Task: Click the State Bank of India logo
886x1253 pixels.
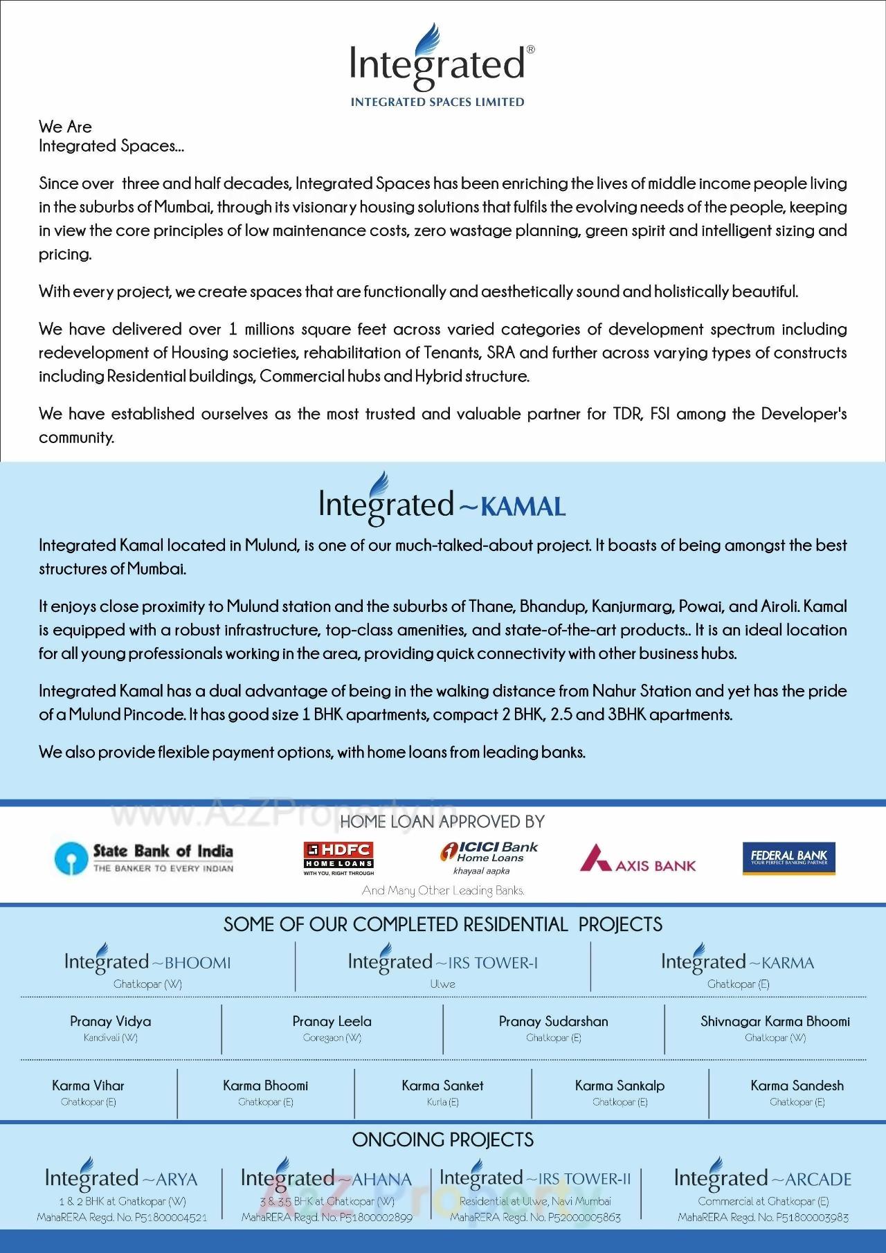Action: tap(144, 858)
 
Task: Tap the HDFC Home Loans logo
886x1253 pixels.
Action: tap(338, 858)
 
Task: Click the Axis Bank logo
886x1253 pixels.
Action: tap(638, 858)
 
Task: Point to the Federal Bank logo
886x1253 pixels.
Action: tap(788, 858)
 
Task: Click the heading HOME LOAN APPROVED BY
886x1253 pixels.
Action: tap(442, 822)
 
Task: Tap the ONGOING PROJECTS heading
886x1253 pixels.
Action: tap(442, 1139)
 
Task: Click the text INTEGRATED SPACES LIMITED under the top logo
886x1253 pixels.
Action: tap(437, 102)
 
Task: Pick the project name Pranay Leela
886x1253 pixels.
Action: tap(332, 1021)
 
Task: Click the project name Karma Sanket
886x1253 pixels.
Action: tap(442, 1085)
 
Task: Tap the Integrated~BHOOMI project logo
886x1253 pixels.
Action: tap(147, 962)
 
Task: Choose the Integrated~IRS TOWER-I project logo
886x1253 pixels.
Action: tap(443, 962)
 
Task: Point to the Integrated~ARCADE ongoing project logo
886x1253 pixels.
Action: tap(762, 1178)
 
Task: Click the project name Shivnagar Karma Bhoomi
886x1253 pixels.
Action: tap(775, 1021)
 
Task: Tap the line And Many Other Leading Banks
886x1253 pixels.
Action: tap(443, 890)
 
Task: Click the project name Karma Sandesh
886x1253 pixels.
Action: tap(797, 1085)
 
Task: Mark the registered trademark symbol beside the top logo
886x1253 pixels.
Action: tap(530, 50)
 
